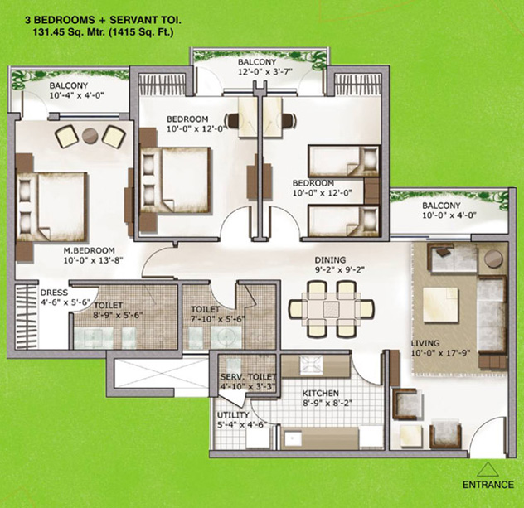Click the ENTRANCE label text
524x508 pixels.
[x=488, y=484]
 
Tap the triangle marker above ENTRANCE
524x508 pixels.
[x=488, y=469]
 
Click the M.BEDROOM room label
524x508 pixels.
[x=90, y=250]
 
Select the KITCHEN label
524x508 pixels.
[x=321, y=393]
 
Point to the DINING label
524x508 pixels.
[x=330, y=259]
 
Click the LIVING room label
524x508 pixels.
[x=425, y=343]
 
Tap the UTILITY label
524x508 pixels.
[x=233, y=415]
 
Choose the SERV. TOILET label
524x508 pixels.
[x=248, y=377]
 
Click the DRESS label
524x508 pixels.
[x=54, y=293]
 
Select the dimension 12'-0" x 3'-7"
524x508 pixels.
[x=265, y=71]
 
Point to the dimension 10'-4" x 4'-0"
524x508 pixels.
[x=77, y=95]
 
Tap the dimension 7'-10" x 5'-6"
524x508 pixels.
[x=218, y=319]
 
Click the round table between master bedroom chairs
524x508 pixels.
[x=90, y=135]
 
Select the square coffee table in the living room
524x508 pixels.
[x=440, y=304]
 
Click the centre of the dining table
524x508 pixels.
[x=331, y=309]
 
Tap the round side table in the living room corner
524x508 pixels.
[x=493, y=259]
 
